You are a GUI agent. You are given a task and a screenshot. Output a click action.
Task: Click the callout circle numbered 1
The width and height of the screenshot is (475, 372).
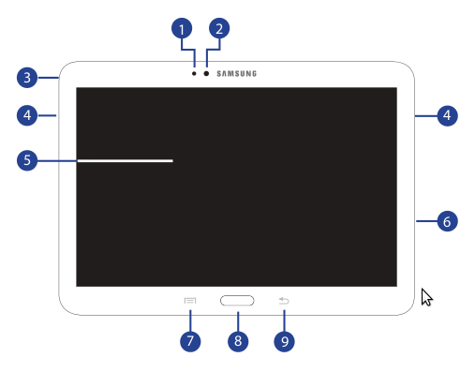(x=182, y=29)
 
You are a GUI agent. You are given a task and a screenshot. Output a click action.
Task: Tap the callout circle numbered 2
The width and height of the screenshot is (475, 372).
(x=219, y=29)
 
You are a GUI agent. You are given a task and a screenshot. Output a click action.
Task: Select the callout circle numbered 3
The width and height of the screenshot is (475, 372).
(x=27, y=78)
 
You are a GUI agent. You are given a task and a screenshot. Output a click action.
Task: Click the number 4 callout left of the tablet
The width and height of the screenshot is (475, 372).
(x=27, y=115)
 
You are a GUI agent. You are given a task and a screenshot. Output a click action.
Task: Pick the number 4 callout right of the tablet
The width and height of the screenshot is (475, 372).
(x=447, y=115)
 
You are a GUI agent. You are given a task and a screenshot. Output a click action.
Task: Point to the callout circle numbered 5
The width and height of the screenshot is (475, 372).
(x=27, y=160)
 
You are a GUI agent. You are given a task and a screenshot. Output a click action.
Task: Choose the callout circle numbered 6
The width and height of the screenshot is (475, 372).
(x=447, y=221)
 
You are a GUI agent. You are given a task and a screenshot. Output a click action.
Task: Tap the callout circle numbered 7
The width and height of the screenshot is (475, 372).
(x=190, y=341)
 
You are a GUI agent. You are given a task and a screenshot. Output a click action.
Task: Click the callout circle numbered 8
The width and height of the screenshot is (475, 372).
(x=238, y=341)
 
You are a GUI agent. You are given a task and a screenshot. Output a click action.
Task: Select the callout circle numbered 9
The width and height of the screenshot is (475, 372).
(x=284, y=341)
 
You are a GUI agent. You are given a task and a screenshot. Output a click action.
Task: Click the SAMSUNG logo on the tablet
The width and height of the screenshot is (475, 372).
(x=237, y=74)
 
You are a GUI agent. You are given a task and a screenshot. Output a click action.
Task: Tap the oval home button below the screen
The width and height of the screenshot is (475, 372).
(x=237, y=301)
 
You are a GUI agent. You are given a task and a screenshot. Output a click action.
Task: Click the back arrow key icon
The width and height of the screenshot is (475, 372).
(x=284, y=301)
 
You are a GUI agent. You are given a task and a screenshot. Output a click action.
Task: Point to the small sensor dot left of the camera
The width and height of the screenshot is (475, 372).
(x=194, y=74)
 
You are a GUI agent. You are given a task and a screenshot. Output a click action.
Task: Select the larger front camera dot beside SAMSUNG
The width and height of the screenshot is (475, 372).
(x=206, y=74)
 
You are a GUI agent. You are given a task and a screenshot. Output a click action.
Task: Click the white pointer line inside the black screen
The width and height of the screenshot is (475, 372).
(x=125, y=161)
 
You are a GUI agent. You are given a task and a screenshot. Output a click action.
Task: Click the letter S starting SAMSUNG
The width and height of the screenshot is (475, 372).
(x=219, y=74)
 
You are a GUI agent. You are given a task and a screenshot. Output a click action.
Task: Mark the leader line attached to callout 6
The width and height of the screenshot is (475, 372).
(x=426, y=221)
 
